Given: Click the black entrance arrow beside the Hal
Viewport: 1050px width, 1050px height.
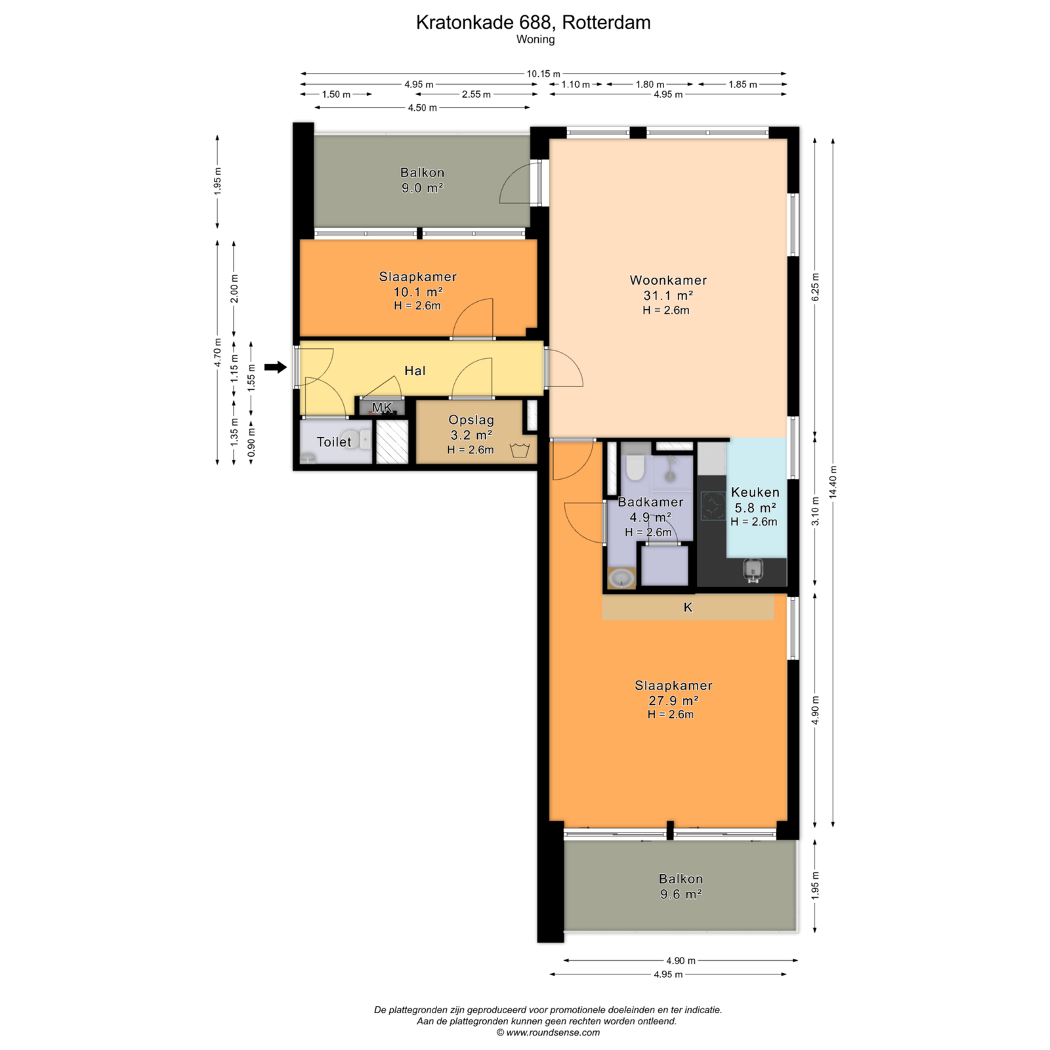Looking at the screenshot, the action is (x=276, y=367).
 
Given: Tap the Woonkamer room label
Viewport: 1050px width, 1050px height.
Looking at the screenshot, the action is (x=668, y=280).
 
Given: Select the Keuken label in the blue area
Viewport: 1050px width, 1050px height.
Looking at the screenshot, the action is (x=755, y=492).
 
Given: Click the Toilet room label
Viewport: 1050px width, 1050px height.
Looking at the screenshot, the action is (x=334, y=442).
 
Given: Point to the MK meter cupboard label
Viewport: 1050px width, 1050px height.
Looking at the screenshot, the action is (x=382, y=408).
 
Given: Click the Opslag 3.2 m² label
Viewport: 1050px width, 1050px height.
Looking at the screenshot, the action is (x=471, y=427).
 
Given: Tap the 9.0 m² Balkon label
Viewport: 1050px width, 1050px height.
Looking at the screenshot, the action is (x=423, y=180).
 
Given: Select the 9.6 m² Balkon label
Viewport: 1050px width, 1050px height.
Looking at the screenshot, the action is (x=681, y=886).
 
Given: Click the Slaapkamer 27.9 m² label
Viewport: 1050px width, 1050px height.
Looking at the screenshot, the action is (x=673, y=693).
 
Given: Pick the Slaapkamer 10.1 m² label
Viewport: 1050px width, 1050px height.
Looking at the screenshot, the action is (x=417, y=284).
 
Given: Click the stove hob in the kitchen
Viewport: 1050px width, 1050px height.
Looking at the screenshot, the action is (x=712, y=505).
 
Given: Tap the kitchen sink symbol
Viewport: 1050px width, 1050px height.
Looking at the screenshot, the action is (x=753, y=570).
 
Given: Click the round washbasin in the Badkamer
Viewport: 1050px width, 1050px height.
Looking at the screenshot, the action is (x=621, y=578).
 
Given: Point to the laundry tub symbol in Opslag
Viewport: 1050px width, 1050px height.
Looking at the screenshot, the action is (x=520, y=450).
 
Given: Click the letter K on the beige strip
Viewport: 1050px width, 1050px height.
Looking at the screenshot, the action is (x=688, y=608).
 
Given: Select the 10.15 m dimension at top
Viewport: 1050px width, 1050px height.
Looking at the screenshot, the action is (x=543, y=73).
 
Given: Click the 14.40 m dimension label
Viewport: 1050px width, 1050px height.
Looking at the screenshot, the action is (x=833, y=482).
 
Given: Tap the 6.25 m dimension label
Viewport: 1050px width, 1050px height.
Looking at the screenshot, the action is (x=815, y=287).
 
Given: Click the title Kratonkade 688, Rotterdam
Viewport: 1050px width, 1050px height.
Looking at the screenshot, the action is (x=534, y=22).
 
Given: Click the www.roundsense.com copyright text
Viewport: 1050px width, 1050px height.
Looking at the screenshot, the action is (x=548, y=1032).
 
